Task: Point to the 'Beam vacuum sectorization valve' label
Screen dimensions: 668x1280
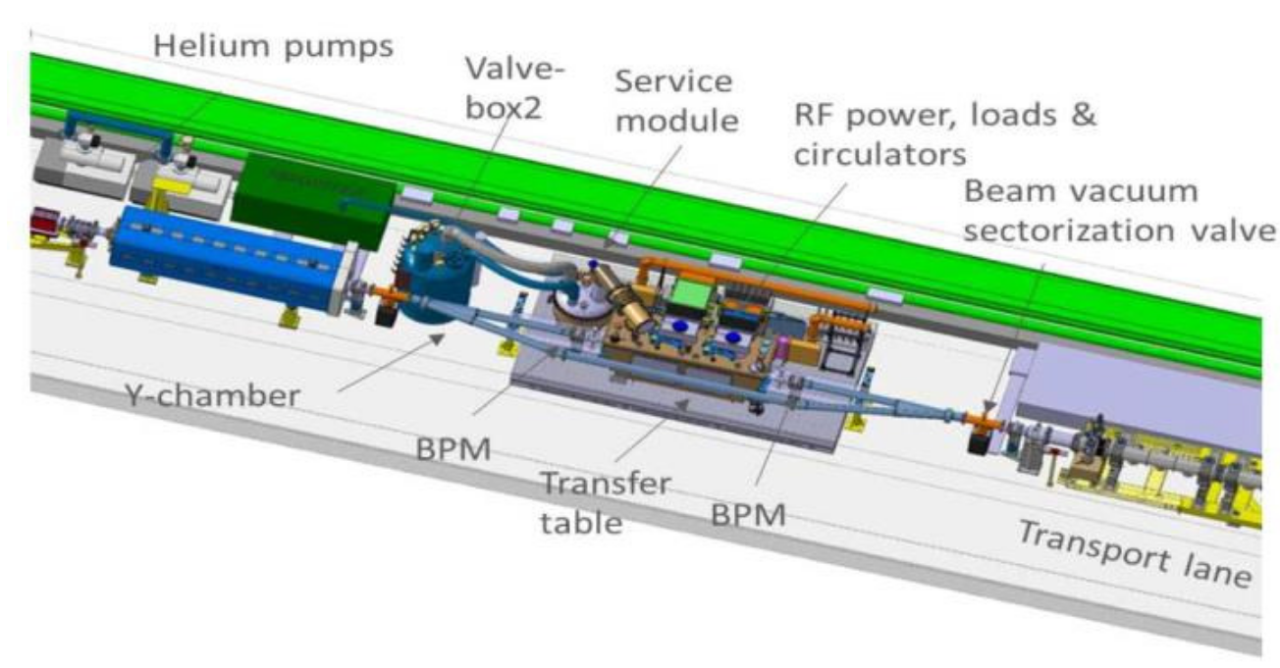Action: click(1119, 211)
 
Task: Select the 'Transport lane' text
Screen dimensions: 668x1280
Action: click(1133, 554)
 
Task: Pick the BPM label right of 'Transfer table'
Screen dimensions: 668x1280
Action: click(748, 512)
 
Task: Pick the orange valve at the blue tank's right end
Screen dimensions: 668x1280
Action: click(382, 292)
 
